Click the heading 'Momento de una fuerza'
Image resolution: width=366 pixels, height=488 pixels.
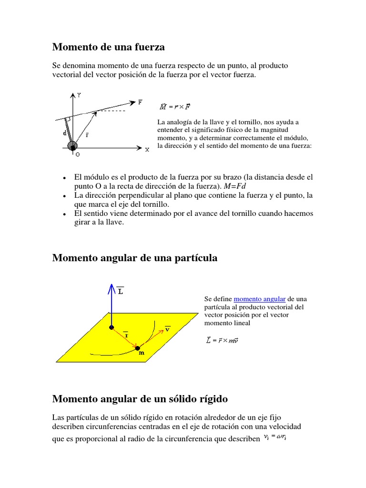tap(108, 47)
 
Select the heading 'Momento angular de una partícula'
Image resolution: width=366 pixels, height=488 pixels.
tap(134, 258)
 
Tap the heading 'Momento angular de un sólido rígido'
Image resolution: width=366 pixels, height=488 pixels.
tap(140, 398)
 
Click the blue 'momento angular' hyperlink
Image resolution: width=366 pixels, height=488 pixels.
tap(260, 299)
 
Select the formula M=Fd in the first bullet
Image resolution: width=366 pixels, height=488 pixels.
tap(237, 186)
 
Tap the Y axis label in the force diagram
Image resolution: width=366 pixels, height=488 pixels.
tap(79, 95)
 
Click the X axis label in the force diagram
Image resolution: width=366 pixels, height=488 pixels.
tap(147, 150)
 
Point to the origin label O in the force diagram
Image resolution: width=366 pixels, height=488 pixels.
tap(77, 154)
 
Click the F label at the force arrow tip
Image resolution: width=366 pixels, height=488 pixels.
tap(140, 102)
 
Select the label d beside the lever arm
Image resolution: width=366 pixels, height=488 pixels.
tap(65, 133)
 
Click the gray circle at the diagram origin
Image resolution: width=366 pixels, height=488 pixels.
tap(72, 145)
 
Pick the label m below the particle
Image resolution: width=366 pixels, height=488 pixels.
tap(141, 354)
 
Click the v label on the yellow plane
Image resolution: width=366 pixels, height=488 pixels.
tap(168, 329)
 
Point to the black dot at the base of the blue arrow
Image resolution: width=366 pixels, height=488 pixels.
tap(112, 327)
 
